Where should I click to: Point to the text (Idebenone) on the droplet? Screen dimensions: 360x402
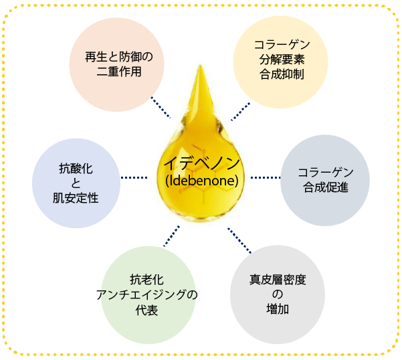pyautogui.click(x=202, y=181)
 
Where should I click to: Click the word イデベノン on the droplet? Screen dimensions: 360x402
pyautogui.click(x=202, y=165)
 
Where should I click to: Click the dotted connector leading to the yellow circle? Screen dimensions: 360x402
pyautogui.click(x=241, y=111)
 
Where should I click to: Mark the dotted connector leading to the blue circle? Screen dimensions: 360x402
pyautogui.click(x=134, y=177)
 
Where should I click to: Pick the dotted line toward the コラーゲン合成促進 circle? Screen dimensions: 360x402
pyautogui.click(x=266, y=177)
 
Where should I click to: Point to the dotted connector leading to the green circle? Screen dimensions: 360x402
pyautogui.click(x=171, y=235)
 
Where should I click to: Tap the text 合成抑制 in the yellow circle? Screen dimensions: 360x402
pyautogui.click(x=282, y=74)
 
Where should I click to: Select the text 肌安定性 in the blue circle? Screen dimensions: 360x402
pyautogui.click(x=76, y=197)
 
